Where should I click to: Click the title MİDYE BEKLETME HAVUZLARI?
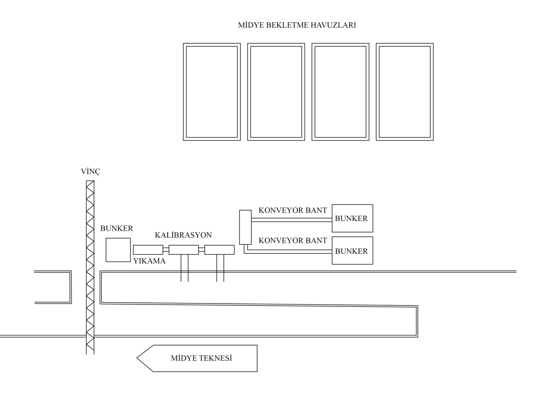[x=297, y=25]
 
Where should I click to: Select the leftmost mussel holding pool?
[x=212, y=92]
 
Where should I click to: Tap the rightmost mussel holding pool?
[x=404, y=92]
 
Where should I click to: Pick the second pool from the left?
[x=276, y=92]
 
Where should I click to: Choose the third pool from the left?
[x=340, y=92]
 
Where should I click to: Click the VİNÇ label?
[x=90, y=172]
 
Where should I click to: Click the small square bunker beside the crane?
[x=118, y=250]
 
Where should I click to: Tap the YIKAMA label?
[x=149, y=261]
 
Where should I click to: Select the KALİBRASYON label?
[x=183, y=235]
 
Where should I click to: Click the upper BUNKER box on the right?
[x=352, y=218]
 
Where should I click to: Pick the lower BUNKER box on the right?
[x=352, y=251]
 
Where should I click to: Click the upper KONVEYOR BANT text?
[x=293, y=211]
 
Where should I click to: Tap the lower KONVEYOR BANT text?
[x=293, y=241]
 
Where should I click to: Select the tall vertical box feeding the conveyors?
[x=245, y=227]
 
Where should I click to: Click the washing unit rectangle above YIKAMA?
[x=148, y=250]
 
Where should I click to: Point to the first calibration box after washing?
[x=183, y=250]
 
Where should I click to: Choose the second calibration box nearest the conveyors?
[x=219, y=250]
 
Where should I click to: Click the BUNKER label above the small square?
[x=116, y=229]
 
